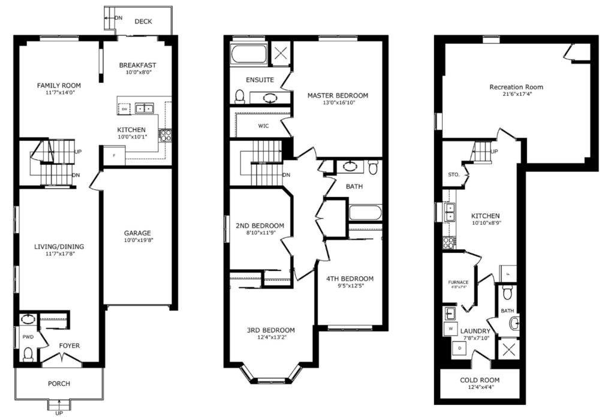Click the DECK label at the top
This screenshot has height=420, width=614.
[143, 22]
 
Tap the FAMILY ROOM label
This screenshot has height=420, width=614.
[59, 85]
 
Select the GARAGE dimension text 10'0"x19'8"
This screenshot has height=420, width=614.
[137, 241]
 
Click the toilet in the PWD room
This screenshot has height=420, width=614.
[26, 355]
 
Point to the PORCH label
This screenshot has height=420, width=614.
[59, 383]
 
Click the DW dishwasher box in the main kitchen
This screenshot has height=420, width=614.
[125, 108]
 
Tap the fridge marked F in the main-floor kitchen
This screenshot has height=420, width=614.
[114, 156]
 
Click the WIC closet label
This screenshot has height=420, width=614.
[263, 126]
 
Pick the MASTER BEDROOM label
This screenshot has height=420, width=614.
[338, 95]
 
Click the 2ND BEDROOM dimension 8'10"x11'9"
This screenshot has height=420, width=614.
[260, 234]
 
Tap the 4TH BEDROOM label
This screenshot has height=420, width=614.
[350, 279]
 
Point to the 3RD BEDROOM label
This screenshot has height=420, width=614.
[270, 330]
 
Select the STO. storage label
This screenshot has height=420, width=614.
[453, 175]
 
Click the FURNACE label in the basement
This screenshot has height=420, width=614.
[458, 282]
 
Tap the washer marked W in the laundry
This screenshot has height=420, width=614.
[450, 329]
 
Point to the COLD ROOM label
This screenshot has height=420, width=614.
[480, 380]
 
